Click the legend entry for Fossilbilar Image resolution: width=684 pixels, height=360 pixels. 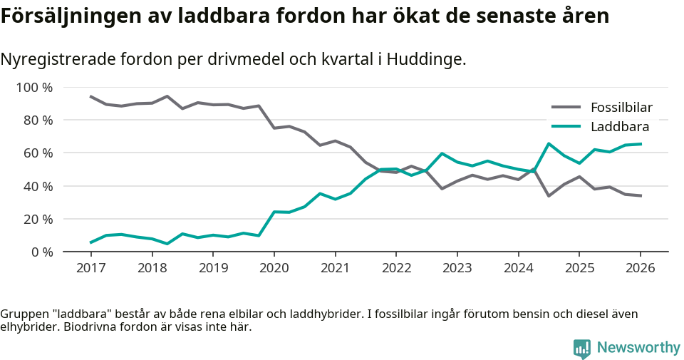[621, 108]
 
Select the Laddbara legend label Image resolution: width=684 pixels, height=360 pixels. [619, 127]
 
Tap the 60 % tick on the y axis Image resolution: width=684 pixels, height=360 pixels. [37, 153]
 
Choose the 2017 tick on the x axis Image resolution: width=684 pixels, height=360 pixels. [91, 268]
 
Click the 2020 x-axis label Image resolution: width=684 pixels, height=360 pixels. [274, 268]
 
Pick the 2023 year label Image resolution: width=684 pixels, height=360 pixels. [457, 268]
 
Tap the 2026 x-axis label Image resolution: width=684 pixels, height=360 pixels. [640, 268]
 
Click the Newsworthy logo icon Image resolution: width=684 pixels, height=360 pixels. [582, 349]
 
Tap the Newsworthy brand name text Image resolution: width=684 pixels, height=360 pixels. [638, 348]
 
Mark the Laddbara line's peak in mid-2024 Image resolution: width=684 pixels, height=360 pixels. [549, 144]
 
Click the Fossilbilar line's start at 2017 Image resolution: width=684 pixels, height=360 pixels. [91, 96]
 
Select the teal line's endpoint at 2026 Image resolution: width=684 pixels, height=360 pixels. [640, 144]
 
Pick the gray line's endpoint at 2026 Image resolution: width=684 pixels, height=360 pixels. [640, 195]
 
